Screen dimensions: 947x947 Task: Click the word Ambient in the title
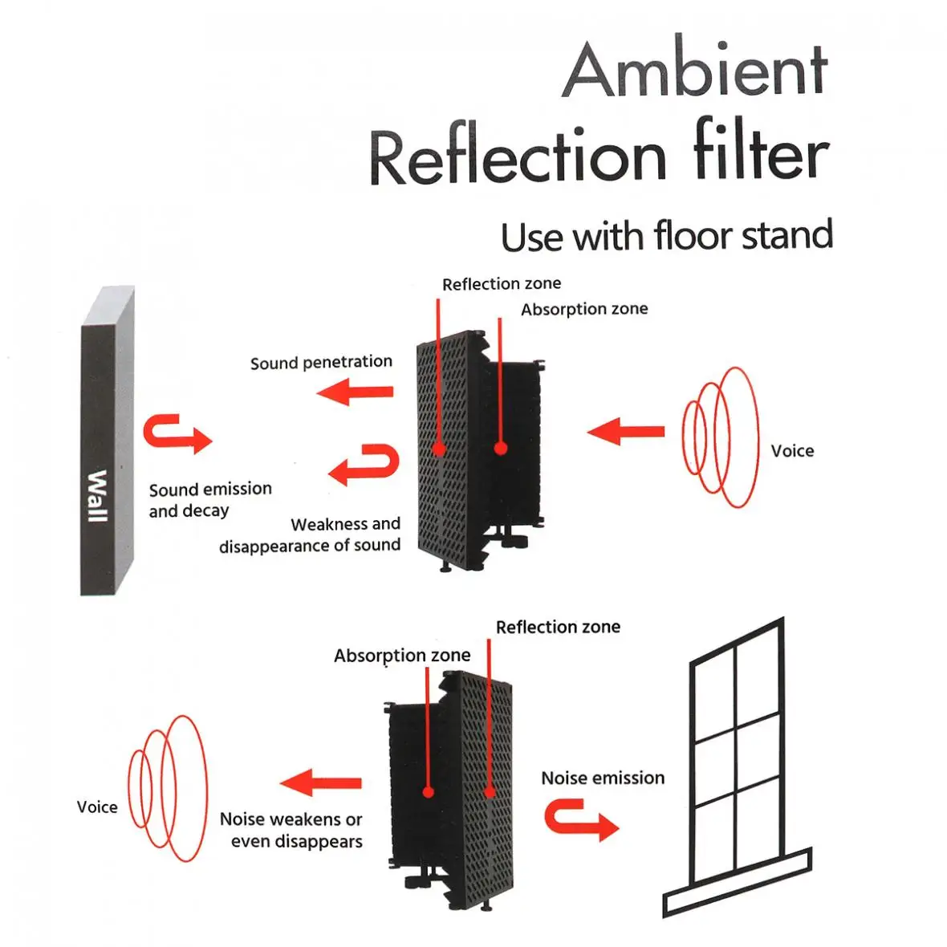coord(695,71)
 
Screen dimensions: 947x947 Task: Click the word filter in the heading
coord(761,152)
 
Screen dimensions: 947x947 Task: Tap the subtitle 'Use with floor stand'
coord(666,236)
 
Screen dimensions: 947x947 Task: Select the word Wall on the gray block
coord(96,495)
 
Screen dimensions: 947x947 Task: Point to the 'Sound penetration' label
coord(321,363)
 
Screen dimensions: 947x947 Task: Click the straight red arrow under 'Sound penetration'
coord(355,392)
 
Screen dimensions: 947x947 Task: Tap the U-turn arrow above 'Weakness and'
coord(365,465)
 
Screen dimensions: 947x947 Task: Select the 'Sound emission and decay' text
coord(209,499)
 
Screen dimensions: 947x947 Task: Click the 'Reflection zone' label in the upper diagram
coord(502,284)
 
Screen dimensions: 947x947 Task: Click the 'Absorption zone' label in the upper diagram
coord(584,309)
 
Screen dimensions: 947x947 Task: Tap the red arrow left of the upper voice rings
coord(625,432)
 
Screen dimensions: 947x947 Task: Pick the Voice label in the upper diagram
coord(792,451)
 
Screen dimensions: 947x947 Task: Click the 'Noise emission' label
coord(603,778)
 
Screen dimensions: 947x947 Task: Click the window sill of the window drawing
coord(737,881)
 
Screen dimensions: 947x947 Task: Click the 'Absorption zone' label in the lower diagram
coord(402,656)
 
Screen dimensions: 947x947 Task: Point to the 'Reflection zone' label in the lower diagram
coord(558,627)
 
